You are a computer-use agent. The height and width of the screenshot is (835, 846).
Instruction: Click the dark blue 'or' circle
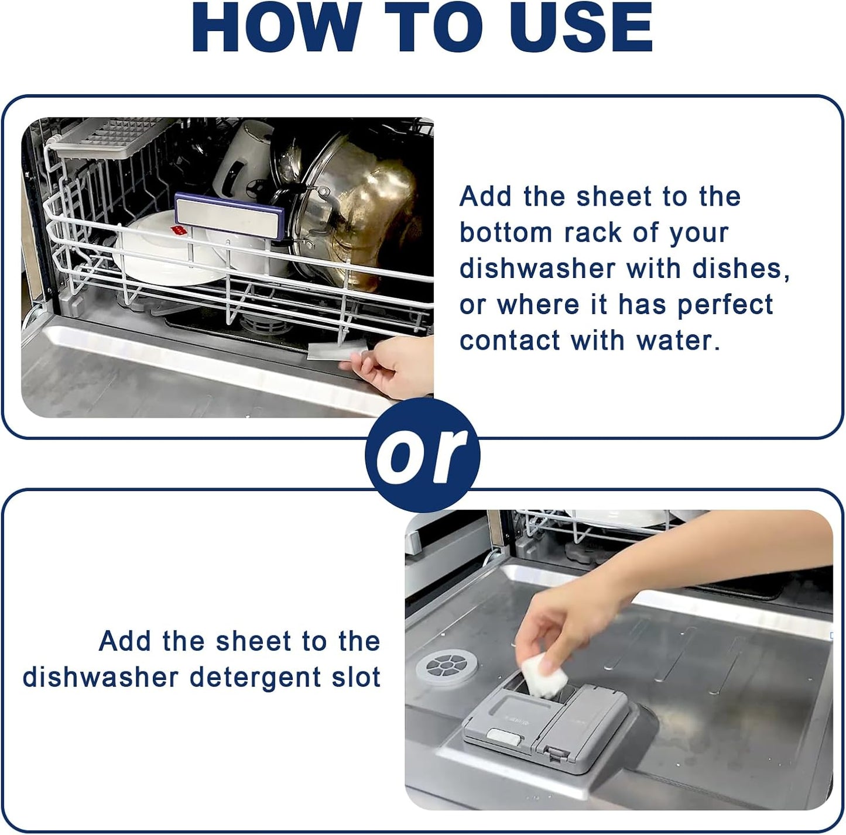click(423, 455)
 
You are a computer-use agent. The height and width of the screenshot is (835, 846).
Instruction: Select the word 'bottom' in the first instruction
click(505, 233)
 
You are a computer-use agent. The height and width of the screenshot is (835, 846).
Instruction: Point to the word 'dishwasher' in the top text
click(537, 269)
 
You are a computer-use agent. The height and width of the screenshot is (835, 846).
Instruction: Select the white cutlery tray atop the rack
click(111, 138)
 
